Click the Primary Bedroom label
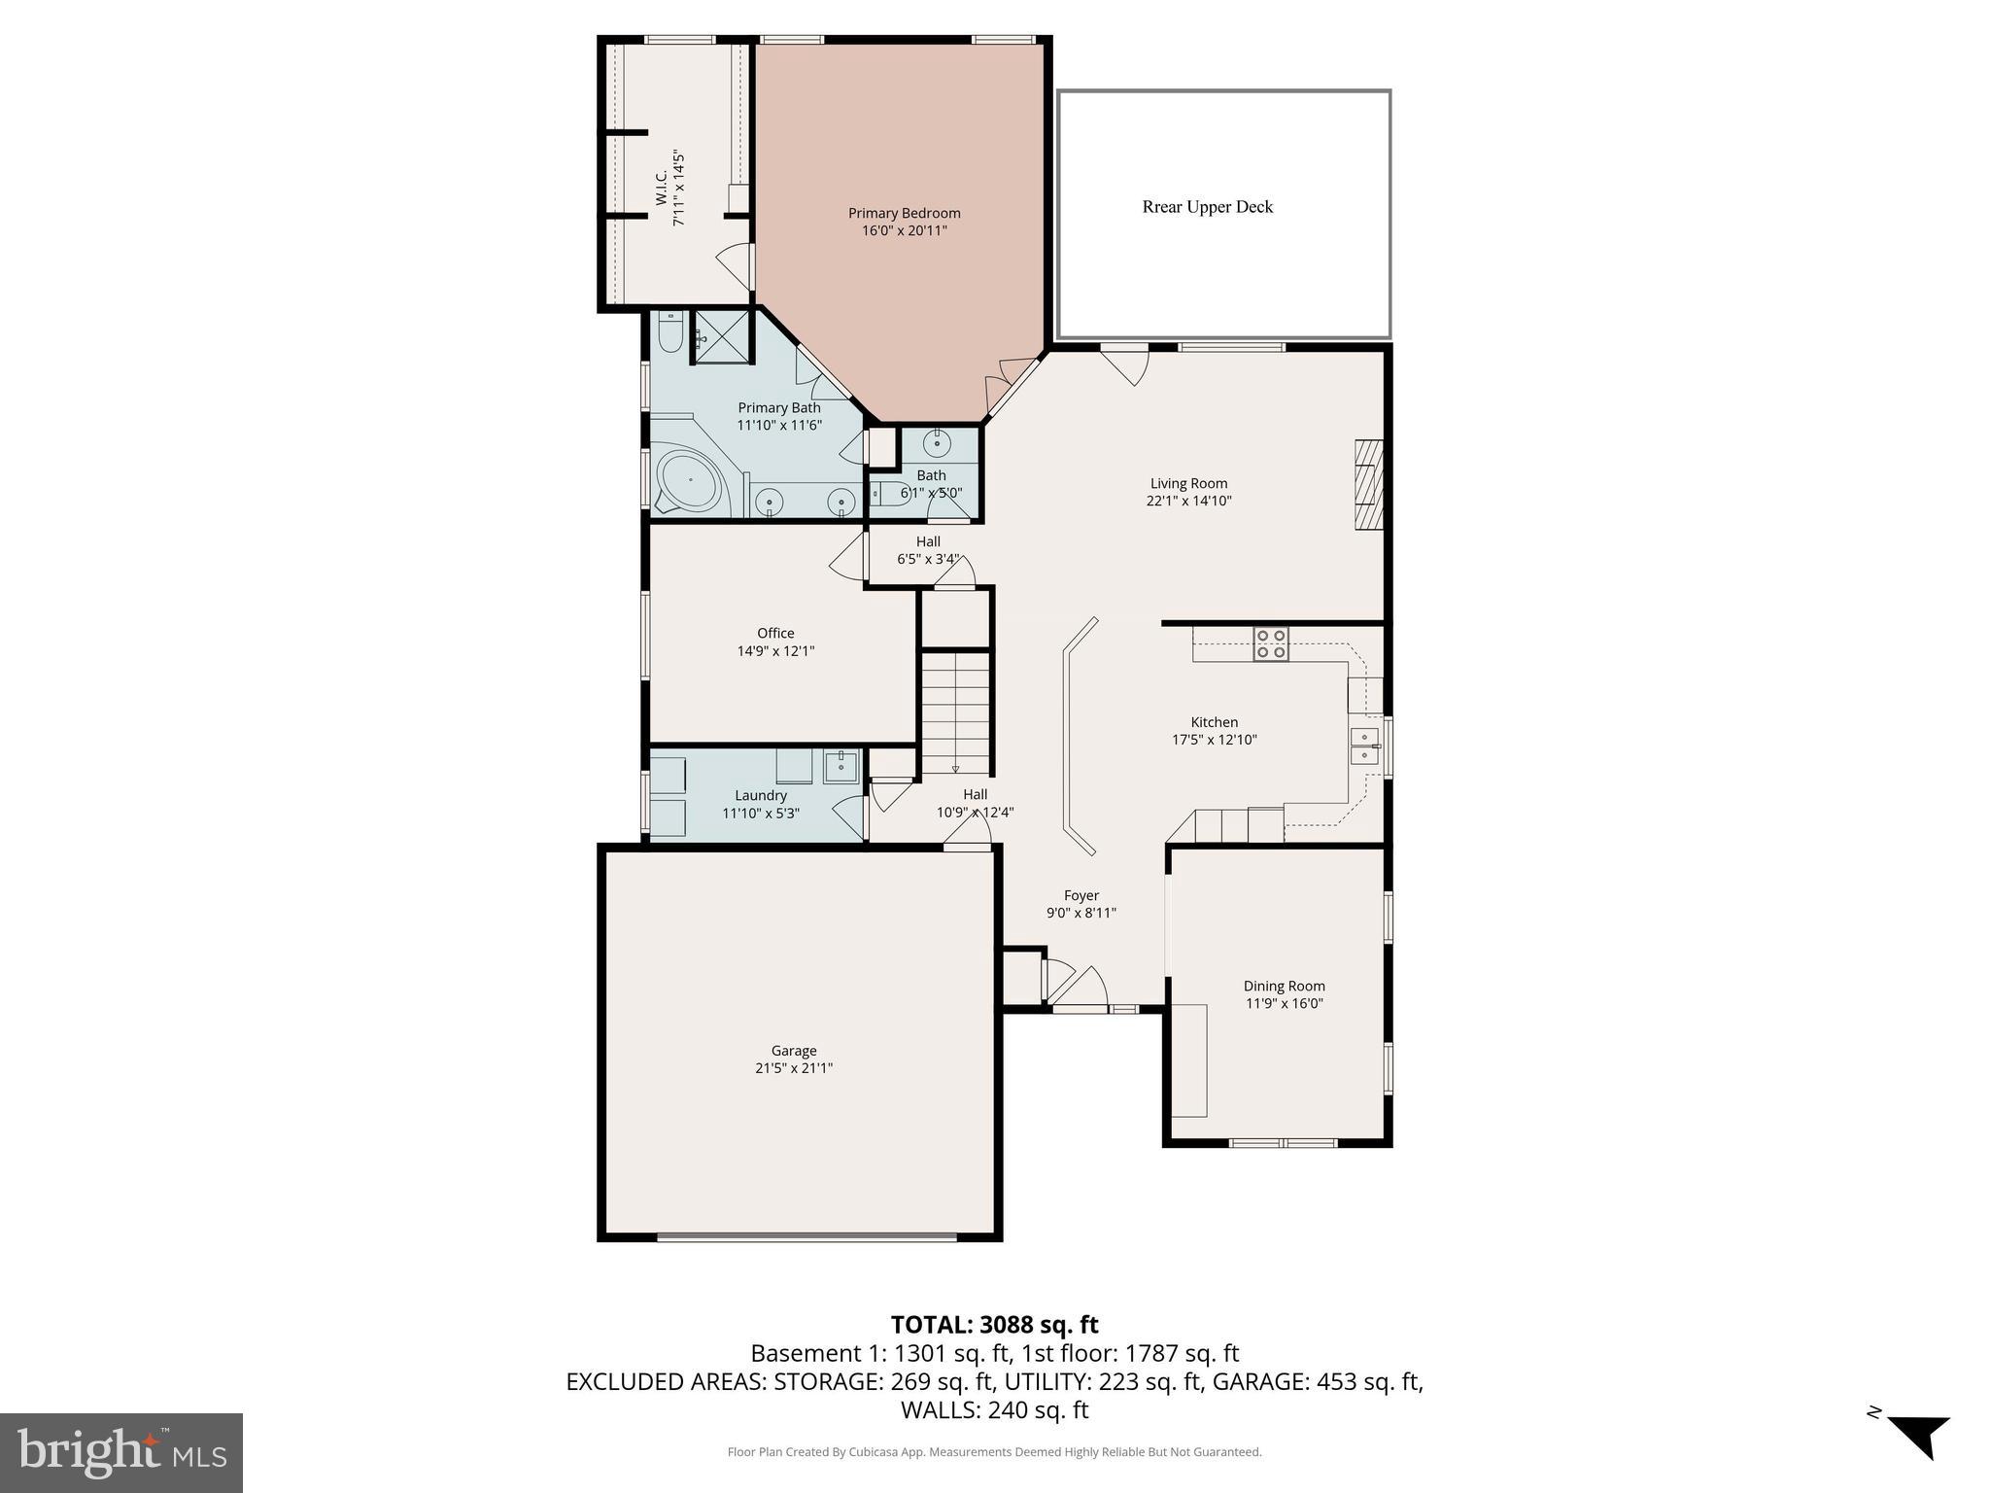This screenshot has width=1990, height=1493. coord(904,214)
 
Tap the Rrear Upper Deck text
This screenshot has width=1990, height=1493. coord(1207,207)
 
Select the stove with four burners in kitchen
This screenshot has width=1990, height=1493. coord(1270,644)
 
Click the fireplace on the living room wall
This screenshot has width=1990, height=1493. coord(1369,485)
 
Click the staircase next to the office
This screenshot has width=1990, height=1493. coord(956,712)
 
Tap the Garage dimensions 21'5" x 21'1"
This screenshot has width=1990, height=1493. coord(794,1068)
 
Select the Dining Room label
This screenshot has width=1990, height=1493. coord(1284,986)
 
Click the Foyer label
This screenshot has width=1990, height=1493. coord(1081,895)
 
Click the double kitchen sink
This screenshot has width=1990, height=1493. coord(1364,746)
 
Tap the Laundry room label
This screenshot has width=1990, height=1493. coord(761,795)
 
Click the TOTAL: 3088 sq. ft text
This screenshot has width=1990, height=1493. coord(994,1325)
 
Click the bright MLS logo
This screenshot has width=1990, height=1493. coord(121,1452)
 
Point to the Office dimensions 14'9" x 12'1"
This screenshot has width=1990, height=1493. coord(775,651)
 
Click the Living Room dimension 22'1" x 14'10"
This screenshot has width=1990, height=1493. coord(1188,502)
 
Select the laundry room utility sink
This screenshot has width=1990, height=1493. coord(841,766)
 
